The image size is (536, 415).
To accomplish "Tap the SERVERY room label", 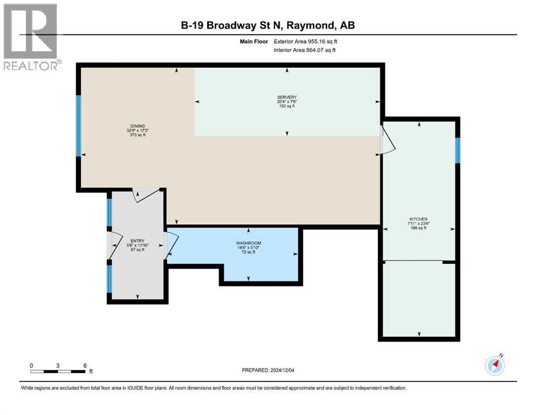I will coord(287,97).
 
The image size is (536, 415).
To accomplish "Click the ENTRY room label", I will coord(137,240).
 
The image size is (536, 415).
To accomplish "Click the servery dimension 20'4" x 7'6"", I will coord(287,102).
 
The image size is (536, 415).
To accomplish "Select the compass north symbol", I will coord(495,365).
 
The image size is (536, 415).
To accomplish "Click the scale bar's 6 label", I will coord(85,365).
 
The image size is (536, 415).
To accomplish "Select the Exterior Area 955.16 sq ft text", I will coord(308,41).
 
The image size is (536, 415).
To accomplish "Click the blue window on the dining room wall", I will coord(78,126).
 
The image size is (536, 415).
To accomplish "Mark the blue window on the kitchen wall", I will coord(458,150).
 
